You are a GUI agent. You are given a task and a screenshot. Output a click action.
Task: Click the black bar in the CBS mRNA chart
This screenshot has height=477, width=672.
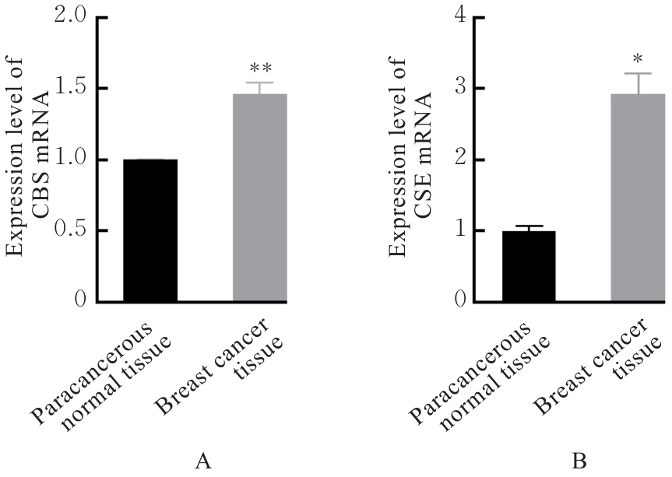[150, 230]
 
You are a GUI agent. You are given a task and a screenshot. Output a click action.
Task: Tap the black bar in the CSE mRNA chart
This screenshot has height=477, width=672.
[529, 266]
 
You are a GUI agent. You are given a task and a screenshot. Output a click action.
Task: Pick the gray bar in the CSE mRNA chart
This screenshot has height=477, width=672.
[637, 198]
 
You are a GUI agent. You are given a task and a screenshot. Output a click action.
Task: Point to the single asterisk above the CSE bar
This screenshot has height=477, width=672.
[637, 60]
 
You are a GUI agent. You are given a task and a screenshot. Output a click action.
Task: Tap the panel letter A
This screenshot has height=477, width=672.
[203, 461]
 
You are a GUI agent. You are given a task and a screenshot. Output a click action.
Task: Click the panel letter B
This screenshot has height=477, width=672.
[579, 461]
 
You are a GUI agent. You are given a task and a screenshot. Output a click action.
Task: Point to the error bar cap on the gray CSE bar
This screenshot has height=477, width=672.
[637, 74]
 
